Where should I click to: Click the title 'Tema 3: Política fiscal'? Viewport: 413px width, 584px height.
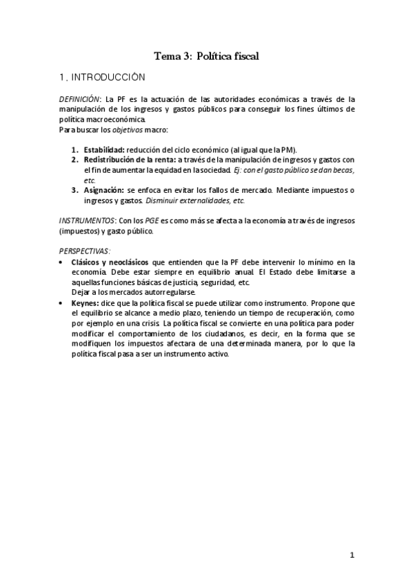pos(207,56)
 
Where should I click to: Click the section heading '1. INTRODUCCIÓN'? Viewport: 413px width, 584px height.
pos(102,78)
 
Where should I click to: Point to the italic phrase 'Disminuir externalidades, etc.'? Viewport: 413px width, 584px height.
pos(195,200)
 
